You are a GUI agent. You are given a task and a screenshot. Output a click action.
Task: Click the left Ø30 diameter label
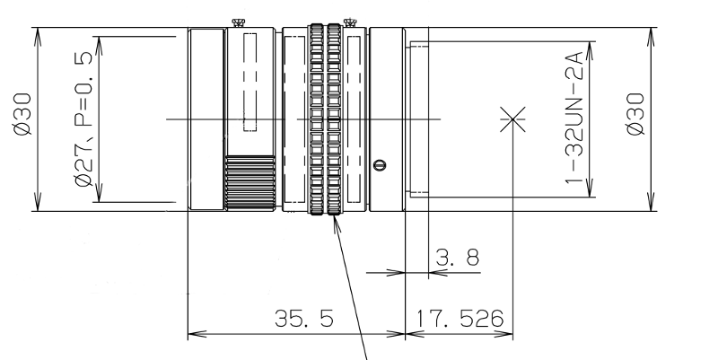(22, 115)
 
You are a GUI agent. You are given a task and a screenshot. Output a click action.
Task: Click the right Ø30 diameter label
(635, 115)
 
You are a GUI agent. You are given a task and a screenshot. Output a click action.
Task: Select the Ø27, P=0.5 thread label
(83, 119)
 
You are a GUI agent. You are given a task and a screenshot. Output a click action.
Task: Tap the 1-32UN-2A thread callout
(574, 118)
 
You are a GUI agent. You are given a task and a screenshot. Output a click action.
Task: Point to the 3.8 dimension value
(457, 258)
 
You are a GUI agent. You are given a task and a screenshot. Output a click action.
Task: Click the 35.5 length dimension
(304, 319)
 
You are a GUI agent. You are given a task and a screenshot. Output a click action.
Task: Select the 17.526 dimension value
(460, 319)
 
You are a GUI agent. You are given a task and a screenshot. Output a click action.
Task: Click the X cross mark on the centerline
(512, 119)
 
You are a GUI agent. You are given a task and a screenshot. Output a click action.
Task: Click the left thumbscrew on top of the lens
(238, 22)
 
